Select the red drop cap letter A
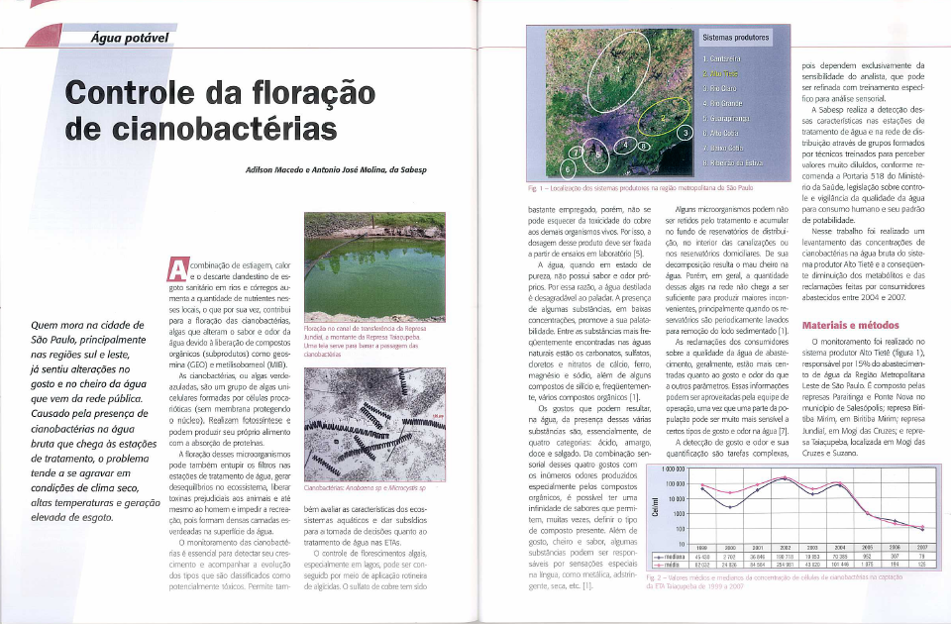[178, 268]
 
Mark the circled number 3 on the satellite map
[682, 131]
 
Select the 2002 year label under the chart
[784, 547]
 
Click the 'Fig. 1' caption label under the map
[533, 185]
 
